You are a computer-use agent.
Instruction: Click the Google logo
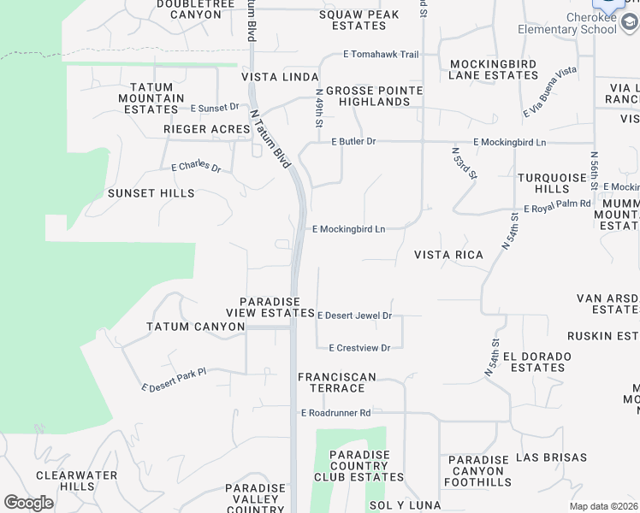28,503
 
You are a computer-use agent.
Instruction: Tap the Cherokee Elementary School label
567,24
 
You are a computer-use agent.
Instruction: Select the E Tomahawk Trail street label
381,55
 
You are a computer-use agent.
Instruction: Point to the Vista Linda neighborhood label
280,77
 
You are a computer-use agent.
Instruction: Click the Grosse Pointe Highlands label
374,96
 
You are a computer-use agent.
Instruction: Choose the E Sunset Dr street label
215,108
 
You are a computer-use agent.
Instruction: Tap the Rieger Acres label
205,129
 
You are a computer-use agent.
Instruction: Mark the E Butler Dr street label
353,141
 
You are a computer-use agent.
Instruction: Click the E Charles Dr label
196,168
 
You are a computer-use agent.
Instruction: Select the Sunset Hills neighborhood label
151,193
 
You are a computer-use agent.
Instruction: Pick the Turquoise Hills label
554,183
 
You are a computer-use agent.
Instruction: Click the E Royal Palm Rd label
557,205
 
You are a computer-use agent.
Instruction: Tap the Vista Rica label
448,255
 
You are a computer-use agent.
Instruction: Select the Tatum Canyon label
196,327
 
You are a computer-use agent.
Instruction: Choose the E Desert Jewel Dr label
354,315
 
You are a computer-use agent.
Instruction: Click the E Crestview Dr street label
359,348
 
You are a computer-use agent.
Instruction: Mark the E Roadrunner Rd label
335,413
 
